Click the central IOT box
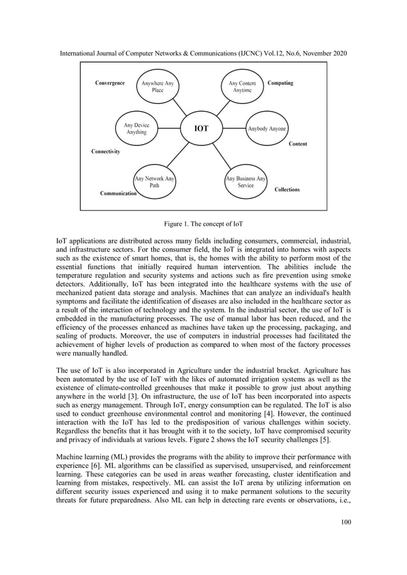(x=202, y=129)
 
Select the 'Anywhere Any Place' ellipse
(x=157, y=87)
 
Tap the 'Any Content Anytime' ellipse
(x=242, y=87)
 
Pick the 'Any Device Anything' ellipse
(x=136, y=129)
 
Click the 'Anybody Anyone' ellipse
(x=267, y=129)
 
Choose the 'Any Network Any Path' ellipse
(x=154, y=183)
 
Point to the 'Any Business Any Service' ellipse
(x=246, y=183)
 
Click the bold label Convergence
(x=110, y=84)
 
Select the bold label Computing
(x=281, y=84)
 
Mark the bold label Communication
(x=118, y=193)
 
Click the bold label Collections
(x=287, y=190)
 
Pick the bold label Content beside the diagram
(x=297, y=144)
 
